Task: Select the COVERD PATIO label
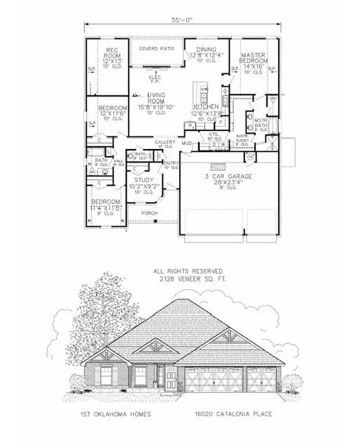155,49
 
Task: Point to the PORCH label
148,212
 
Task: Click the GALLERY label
165,141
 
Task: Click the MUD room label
187,143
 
